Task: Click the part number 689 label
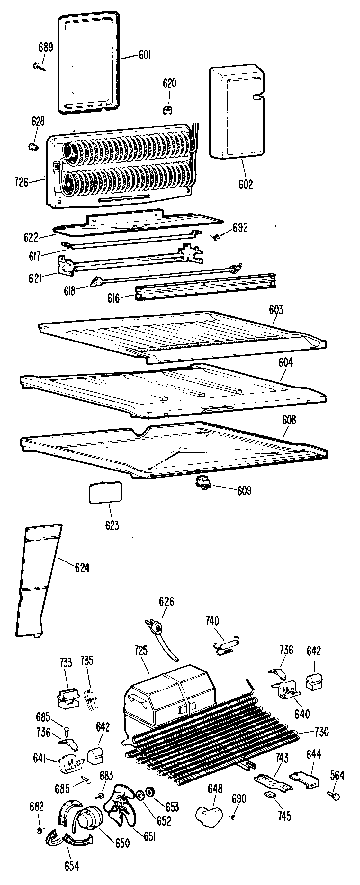pyautogui.click(x=46, y=47)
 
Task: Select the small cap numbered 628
pyautogui.click(x=33, y=147)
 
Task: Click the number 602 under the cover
pyautogui.click(x=245, y=185)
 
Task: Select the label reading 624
pyautogui.click(x=82, y=568)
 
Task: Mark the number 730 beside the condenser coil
pyautogui.click(x=321, y=732)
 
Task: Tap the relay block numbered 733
pyautogui.click(x=67, y=698)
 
